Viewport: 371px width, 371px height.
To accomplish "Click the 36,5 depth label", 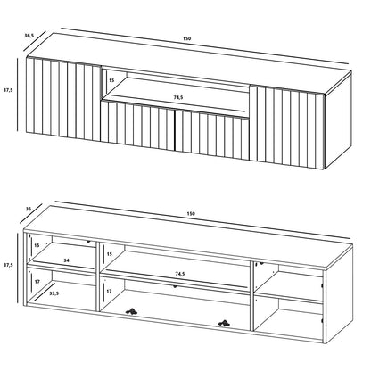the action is pos(29,36).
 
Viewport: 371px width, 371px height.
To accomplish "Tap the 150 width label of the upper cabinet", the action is pos(186,38).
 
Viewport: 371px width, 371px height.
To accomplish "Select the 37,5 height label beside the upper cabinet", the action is pos(8,89).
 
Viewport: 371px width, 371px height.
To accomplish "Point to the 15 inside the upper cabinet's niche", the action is pos(111,80).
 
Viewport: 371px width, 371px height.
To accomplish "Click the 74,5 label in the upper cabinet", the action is pos(178,97).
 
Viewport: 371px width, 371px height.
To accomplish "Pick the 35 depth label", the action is pos(29,209).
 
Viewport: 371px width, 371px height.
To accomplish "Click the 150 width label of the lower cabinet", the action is pos(191,213).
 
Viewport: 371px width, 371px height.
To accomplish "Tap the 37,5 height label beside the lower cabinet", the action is pos(8,264).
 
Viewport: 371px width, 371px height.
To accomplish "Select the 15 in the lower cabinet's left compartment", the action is pos(37,245).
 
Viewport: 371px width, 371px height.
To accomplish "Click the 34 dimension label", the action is pos(66,260).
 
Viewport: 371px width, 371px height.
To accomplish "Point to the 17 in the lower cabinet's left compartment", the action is pos(37,281).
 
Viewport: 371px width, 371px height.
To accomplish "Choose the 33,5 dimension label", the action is pos(54,293).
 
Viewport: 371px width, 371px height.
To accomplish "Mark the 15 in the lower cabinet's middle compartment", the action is pos(110,254).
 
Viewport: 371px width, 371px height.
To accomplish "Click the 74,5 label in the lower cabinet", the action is pos(179,274).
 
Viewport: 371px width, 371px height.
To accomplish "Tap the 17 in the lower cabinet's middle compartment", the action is pos(109,291).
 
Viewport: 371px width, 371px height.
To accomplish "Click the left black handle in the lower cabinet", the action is pos(131,311).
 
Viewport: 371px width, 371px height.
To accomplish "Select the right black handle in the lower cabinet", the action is pos(224,323).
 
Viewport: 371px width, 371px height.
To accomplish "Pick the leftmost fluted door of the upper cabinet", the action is pos(64,99).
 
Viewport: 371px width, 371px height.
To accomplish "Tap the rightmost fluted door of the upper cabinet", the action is pos(286,128).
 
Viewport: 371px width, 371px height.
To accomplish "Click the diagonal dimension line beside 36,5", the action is pos(35,41).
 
